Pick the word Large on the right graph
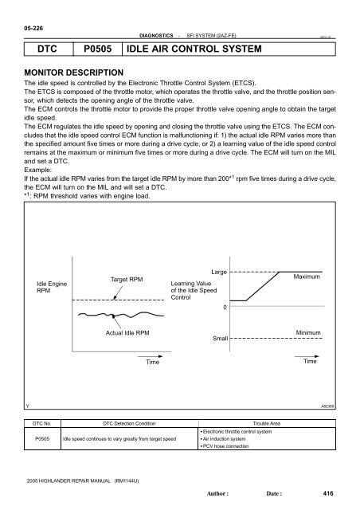click(x=220, y=272)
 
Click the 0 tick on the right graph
click(x=225, y=306)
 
